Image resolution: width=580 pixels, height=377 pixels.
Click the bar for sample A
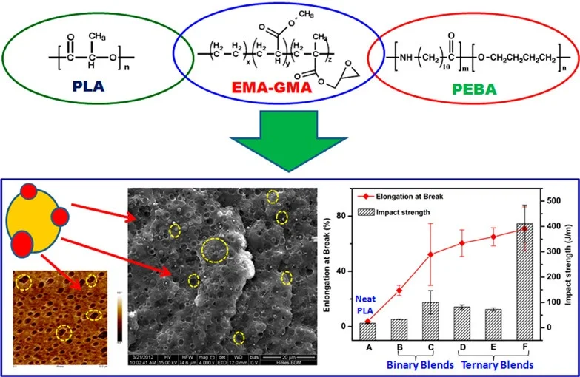[368, 325]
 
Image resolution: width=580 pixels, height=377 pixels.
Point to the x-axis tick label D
[462, 344]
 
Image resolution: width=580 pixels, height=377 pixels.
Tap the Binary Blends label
[415, 364]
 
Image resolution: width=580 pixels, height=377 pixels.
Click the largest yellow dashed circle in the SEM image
[216, 251]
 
